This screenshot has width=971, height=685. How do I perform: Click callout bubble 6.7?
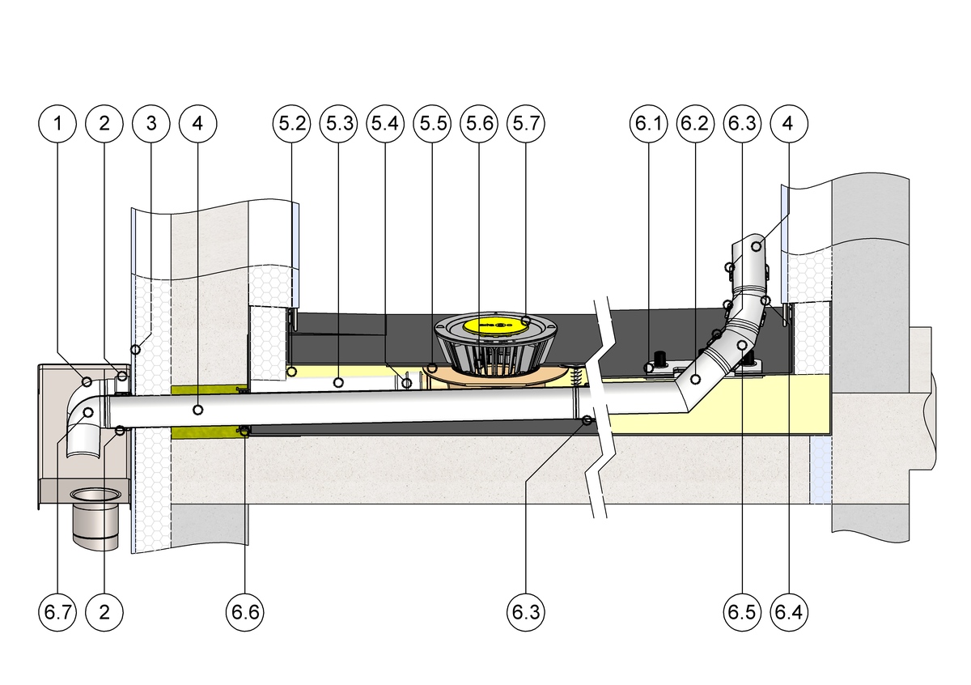(57, 611)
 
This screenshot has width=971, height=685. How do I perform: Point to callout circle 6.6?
(245, 611)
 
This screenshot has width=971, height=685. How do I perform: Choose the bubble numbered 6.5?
(741, 611)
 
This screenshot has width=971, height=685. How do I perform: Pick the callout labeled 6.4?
(788, 611)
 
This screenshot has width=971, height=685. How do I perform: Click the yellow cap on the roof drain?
(493, 326)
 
